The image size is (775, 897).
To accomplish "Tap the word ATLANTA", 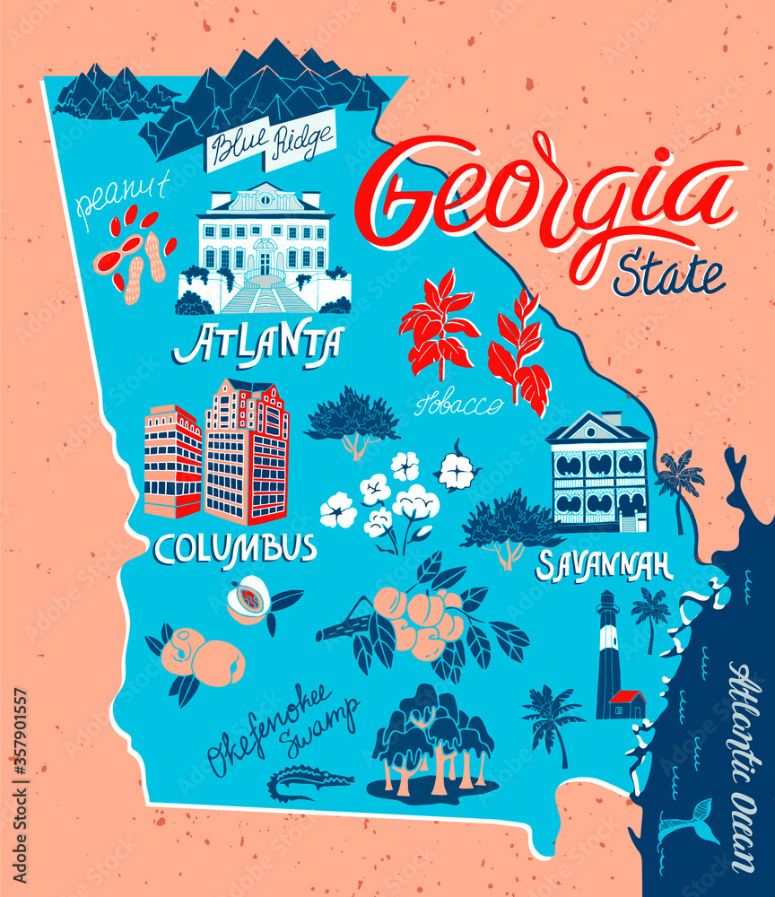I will [x=258, y=344].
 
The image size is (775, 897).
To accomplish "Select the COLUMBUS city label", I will [x=235, y=547].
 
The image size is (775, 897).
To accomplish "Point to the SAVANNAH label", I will [x=605, y=565].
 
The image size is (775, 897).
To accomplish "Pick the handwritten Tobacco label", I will [x=458, y=405].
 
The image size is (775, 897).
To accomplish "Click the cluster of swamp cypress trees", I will [x=433, y=740].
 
